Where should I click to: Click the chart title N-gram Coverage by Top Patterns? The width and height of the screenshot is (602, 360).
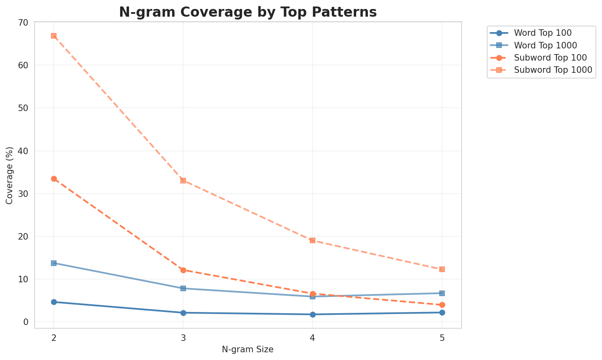coord(247,12)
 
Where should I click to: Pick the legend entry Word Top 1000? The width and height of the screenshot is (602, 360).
coord(545,45)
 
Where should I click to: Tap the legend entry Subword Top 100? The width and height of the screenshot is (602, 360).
coord(550,57)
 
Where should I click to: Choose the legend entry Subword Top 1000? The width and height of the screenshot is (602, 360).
coord(552,70)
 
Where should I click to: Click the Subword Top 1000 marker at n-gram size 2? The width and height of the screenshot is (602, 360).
coord(54,36)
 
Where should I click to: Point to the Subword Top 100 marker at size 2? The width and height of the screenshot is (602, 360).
coord(54,179)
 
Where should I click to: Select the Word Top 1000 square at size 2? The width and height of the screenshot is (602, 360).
coord(54,263)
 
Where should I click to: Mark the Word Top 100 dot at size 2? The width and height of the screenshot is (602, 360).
coord(54,302)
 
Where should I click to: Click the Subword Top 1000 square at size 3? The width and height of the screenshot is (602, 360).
coord(183,181)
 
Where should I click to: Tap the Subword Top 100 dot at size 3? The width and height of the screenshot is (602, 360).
coord(183,270)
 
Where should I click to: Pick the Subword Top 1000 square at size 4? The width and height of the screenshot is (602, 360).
coord(313,240)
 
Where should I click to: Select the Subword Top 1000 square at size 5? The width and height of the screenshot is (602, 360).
coord(442,269)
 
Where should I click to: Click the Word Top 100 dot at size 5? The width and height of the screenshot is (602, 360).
coord(442,312)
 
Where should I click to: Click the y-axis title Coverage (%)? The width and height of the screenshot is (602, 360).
coord(9,175)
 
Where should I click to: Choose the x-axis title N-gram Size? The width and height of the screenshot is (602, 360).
coord(247,349)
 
